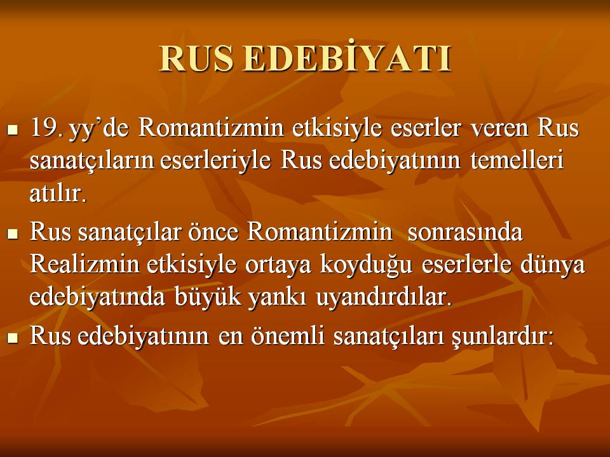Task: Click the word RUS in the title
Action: click(196, 58)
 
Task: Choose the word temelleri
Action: click(517, 160)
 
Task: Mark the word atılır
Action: click(58, 193)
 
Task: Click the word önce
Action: click(213, 232)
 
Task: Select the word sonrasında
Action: click(465, 232)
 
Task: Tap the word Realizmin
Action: click(85, 264)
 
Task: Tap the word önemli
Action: click(287, 335)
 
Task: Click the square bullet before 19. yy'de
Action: click(13, 129)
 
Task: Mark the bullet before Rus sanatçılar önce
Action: click(13, 234)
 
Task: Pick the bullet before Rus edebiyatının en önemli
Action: click(13, 338)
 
